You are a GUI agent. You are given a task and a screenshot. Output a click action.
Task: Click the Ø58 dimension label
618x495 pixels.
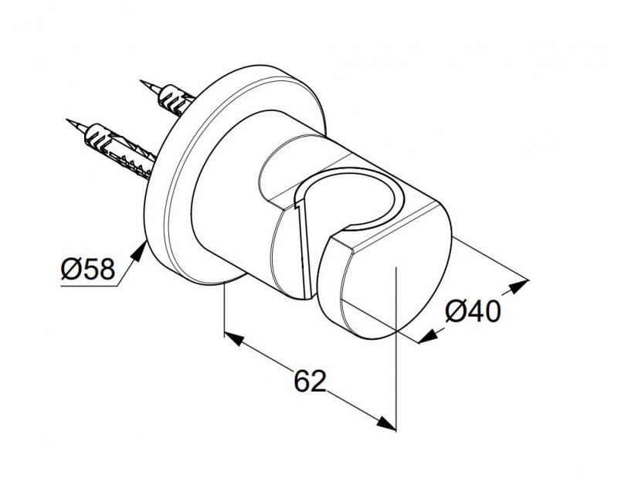tap(88, 269)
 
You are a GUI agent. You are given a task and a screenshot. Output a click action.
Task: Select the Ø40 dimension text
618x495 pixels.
tap(473, 311)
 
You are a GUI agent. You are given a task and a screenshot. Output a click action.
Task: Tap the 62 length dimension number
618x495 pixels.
tap(311, 381)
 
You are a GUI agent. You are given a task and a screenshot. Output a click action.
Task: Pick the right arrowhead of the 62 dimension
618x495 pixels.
tap(385, 424)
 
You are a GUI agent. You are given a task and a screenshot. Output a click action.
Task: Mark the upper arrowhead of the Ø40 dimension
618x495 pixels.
tap(518, 286)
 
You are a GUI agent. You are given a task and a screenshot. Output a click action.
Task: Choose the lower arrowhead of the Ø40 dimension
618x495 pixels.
tap(429, 337)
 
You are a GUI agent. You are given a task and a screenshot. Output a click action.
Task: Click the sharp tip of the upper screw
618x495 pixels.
tap(141, 81)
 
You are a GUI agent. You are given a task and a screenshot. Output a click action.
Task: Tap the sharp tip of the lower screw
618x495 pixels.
tap(67, 120)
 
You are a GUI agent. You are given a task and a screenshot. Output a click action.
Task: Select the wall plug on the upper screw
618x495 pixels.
tap(175, 100)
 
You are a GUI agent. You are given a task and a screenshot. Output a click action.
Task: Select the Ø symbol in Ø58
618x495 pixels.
tap(70, 269)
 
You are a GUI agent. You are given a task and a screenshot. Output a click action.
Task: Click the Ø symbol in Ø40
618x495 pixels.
tap(455, 311)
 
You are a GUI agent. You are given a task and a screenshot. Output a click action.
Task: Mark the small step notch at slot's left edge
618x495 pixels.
tap(297, 204)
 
